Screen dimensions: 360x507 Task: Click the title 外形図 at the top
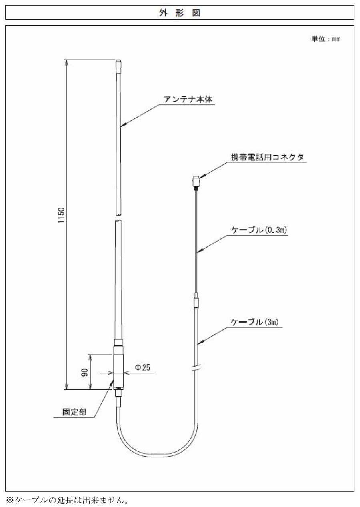pyautogui.click(x=180, y=13)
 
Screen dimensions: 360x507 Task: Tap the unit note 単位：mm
pyautogui.click(x=326, y=39)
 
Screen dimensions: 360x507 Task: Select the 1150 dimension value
pyautogui.click(x=61, y=215)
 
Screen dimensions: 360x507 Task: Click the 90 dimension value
pyautogui.click(x=84, y=372)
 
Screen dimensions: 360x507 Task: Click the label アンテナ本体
pyautogui.click(x=188, y=99)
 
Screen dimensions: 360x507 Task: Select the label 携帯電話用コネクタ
pyautogui.click(x=267, y=157)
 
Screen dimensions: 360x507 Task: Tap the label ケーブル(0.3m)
pyautogui.click(x=259, y=230)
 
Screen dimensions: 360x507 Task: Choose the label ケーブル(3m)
pyautogui.click(x=254, y=322)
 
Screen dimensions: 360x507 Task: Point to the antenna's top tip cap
pyautogui.click(x=118, y=66)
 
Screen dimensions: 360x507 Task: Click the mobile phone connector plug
pyautogui.click(x=196, y=182)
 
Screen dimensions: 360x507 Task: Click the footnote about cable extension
pyautogui.click(x=68, y=500)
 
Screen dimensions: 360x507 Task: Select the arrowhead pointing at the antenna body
pyautogui.click(x=123, y=124)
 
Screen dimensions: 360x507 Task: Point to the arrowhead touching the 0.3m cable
pyautogui.click(x=200, y=250)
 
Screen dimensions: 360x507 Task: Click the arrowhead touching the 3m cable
pyautogui.click(x=201, y=342)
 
